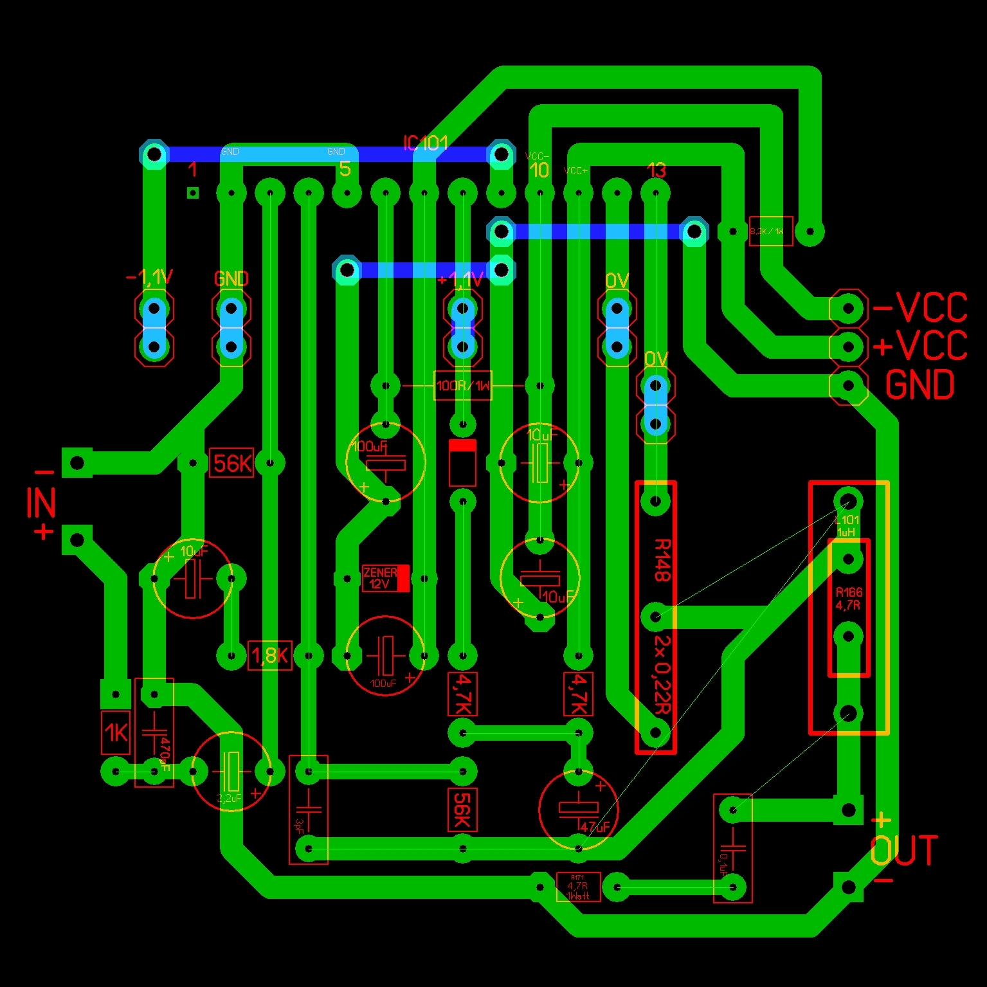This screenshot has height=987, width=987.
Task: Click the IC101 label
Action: (425, 143)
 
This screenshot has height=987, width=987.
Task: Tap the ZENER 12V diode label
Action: (380, 578)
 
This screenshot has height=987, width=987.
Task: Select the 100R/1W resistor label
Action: (463, 386)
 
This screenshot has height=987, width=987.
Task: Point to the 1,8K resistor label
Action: (270, 656)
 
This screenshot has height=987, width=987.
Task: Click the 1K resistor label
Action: (116, 732)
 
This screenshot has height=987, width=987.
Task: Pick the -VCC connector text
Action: (920, 308)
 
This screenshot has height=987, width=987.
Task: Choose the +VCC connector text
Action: (920, 347)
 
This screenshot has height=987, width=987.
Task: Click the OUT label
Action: (904, 851)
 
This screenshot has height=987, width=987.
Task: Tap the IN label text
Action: (41, 503)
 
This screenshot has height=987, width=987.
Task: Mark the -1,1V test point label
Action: (150, 278)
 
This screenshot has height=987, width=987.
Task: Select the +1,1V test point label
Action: (460, 280)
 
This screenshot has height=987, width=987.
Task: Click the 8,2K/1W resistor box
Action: (771, 231)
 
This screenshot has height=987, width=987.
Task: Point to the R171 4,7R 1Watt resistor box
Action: (578, 887)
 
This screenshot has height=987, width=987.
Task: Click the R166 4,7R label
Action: (849, 599)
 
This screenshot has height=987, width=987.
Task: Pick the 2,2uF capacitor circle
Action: (231, 771)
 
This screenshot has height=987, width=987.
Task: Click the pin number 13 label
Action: (656, 170)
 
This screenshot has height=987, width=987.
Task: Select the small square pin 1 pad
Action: (192, 192)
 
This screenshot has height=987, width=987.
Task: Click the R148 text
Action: (662, 560)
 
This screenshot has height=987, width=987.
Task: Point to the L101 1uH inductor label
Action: (847, 526)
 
